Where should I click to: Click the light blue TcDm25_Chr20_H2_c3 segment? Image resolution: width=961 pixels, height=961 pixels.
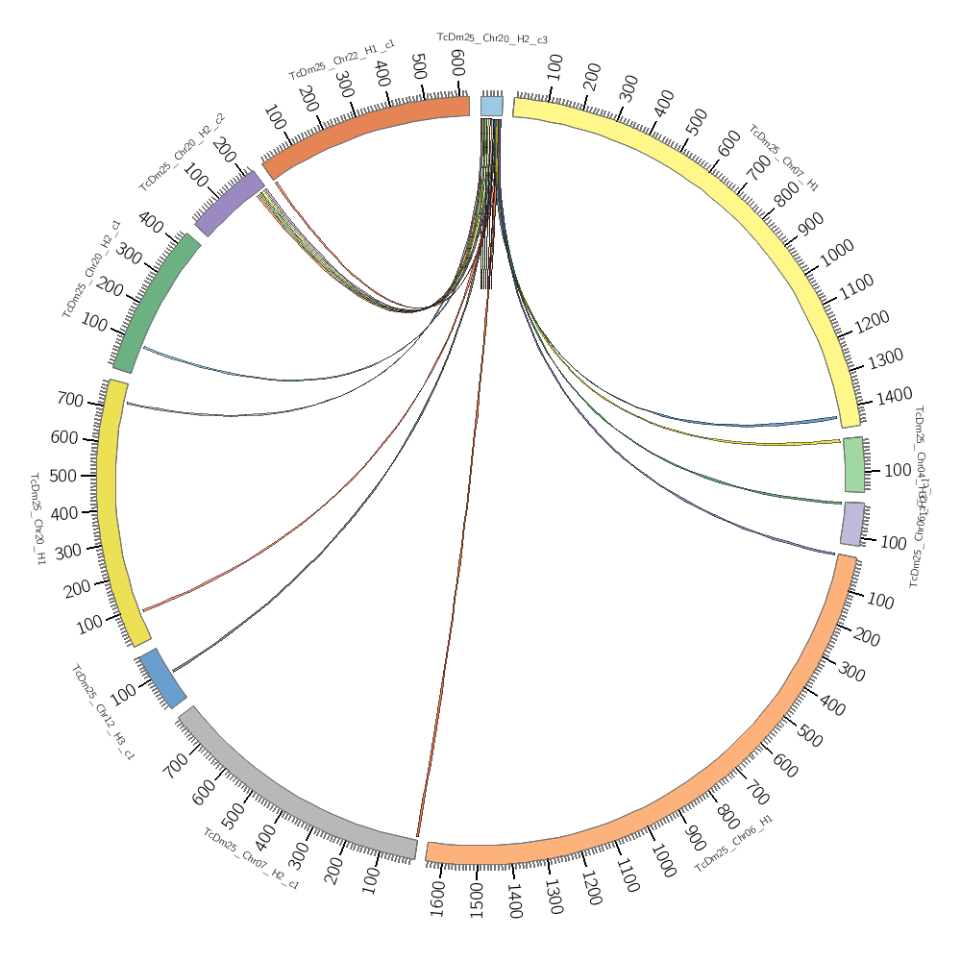(491, 106)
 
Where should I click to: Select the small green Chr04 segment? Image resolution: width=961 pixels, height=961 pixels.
(853, 465)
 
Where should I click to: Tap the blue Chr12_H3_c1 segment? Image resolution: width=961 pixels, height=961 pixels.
(161, 678)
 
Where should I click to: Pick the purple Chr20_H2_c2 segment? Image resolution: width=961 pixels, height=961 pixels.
(229, 203)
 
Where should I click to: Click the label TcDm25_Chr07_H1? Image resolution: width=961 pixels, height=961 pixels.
(783, 158)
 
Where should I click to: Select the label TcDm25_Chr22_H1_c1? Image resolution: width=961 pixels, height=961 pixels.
(341, 60)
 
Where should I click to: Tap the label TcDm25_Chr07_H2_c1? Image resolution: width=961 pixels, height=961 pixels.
(251, 858)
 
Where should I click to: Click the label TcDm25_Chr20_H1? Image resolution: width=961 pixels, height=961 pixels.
(37, 518)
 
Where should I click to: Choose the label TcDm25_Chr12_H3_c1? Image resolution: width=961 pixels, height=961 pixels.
(103, 711)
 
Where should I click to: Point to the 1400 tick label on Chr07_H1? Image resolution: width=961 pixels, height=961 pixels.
(894, 396)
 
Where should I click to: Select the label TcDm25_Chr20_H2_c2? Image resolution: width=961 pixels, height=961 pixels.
(182, 152)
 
